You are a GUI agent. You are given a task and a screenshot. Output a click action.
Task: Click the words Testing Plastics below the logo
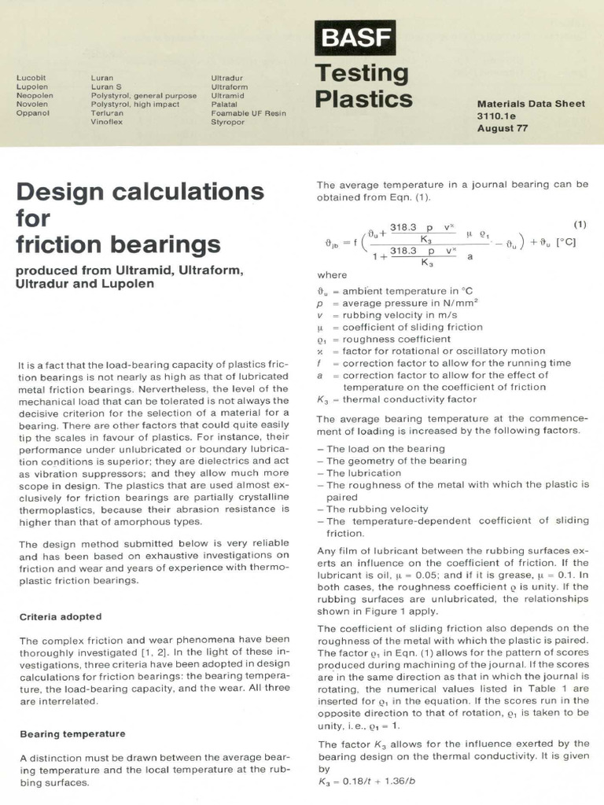point(363,86)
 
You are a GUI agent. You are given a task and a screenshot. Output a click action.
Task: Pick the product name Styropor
point(228,122)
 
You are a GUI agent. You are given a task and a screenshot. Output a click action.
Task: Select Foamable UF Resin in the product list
point(249,113)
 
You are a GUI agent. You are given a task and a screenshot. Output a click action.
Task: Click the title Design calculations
point(140,191)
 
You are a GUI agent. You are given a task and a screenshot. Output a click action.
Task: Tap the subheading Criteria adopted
point(61,616)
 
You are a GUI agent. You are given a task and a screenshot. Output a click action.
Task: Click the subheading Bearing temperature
point(72,733)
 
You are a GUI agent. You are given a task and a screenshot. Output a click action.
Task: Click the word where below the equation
point(331,275)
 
